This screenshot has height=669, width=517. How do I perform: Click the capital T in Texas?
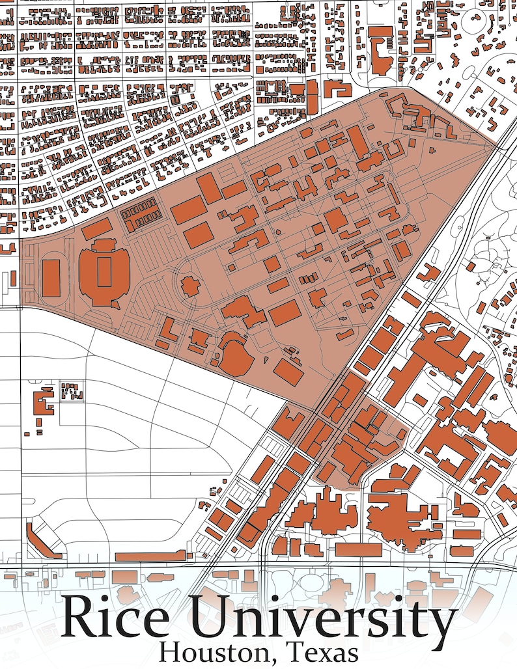click(x=294, y=651)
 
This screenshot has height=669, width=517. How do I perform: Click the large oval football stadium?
click(x=104, y=273)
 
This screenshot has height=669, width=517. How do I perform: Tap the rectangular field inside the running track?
click(x=51, y=278)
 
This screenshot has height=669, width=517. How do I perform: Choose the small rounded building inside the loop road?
click(x=190, y=286)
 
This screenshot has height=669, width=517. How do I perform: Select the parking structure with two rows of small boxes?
click(x=141, y=213)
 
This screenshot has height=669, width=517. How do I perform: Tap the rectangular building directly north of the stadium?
click(x=97, y=229)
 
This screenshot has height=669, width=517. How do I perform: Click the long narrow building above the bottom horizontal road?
click(x=150, y=556)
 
